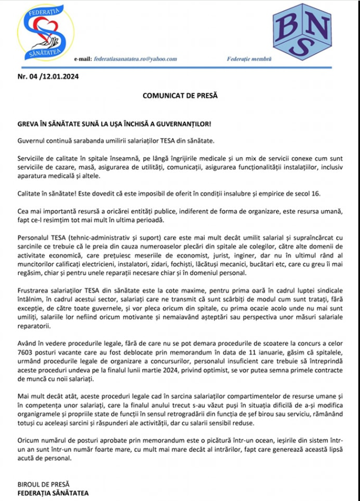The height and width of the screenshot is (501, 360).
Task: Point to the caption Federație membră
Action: coord(250,59)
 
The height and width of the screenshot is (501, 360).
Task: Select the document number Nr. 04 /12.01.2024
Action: coord(49,77)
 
